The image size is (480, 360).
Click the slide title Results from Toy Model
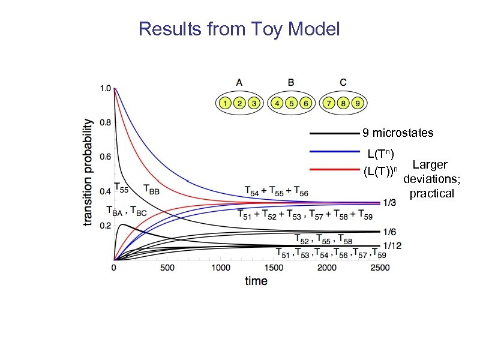click(239, 28)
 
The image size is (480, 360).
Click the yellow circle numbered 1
click(224, 103)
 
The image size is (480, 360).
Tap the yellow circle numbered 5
click(291, 103)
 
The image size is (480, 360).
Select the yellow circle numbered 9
click(358, 103)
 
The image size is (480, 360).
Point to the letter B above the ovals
click(291, 83)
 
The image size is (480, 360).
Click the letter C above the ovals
click(343, 83)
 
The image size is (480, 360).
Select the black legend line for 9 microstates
click(334, 132)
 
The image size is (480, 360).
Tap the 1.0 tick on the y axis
click(104, 88)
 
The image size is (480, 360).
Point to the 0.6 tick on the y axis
click(104, 157)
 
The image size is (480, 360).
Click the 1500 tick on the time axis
click(326, 268)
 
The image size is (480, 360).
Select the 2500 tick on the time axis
click(380, 268)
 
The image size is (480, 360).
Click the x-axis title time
click(256, 281)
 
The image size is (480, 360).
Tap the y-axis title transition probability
click(88, 172)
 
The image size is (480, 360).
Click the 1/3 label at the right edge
click(389, 203)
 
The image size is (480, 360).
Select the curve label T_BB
click(152, 190)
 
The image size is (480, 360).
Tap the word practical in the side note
click(431, 193)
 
